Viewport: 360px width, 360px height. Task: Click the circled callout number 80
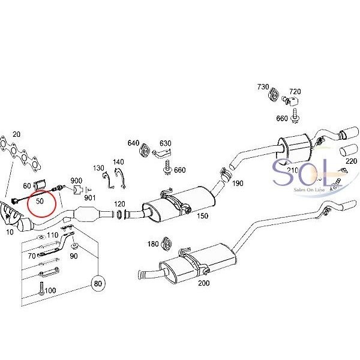click(98, 284)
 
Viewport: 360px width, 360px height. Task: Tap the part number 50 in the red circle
click(40, 201)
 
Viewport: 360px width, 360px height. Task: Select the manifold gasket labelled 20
click(20, 155)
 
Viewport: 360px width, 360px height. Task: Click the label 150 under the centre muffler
click(203, 216)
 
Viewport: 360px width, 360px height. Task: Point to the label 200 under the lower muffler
click(204, 283)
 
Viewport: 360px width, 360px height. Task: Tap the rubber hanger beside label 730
click(274, 94)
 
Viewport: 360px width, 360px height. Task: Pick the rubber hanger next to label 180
click(167, 244)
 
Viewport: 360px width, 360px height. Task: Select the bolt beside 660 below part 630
click(167, 167)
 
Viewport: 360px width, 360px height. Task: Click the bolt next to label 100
click(41, 289)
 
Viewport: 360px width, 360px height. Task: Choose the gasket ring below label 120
click(119, 214)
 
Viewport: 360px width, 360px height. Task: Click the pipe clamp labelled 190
click(225, 175)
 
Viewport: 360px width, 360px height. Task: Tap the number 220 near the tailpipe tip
click(351, 161)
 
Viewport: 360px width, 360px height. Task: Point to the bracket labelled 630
click(163, 153)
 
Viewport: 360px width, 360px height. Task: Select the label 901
click(89, 197)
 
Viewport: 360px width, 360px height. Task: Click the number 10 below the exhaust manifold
click(10, 232)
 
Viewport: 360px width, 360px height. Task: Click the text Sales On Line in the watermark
click(309, 190)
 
